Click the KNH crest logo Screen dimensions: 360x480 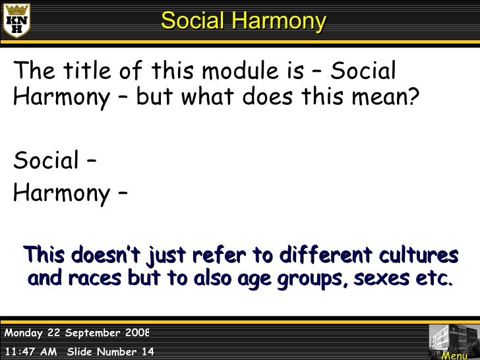(18, 21)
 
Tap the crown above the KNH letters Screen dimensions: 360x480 (18, 9)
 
